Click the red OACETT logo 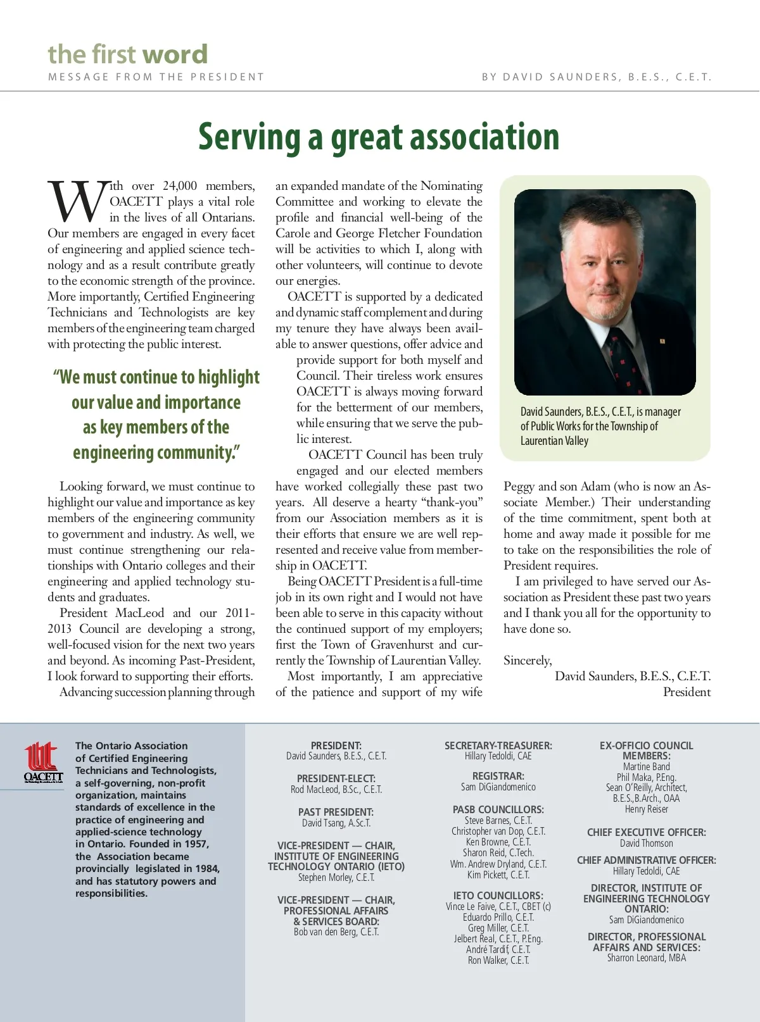click(x=44, y=762)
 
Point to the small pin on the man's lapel click(x=662, y=341)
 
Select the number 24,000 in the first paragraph click(x=180, y=185)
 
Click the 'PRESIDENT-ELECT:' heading click(x=336, y=778)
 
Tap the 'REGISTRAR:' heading click(x=498, y=776)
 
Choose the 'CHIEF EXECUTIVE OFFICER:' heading click(x=646, y=832)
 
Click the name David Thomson click(x=646, y=843)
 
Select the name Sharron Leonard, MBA click(x=646, y=957)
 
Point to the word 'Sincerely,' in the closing click(x=528, y=660)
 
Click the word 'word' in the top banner click(x=175, y=54)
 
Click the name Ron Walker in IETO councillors click(x=498, y=960)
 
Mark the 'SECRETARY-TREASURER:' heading click(x=498, y=745)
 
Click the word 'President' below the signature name click(x=687, y=692)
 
